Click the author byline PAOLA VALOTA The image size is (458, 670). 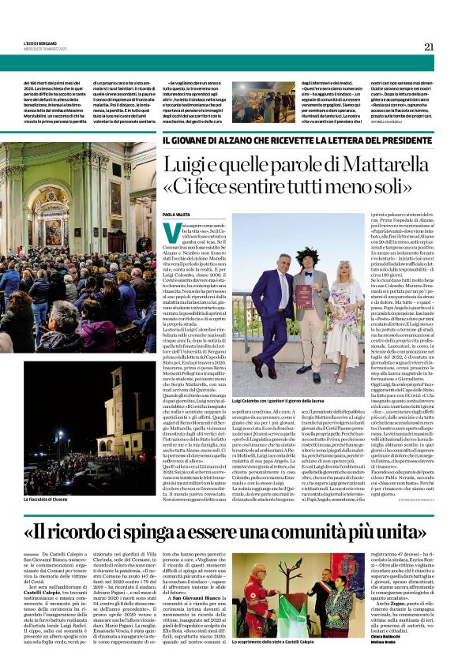click(x=178, y=214)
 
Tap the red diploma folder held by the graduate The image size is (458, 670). click(x=304, y=297)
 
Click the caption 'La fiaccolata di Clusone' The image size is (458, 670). click(x=48, y=500)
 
